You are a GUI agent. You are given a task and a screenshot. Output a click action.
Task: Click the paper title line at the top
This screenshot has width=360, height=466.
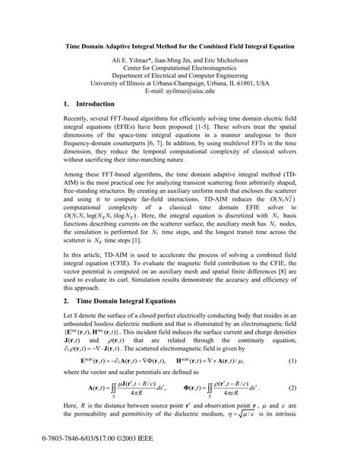(179, 46)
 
